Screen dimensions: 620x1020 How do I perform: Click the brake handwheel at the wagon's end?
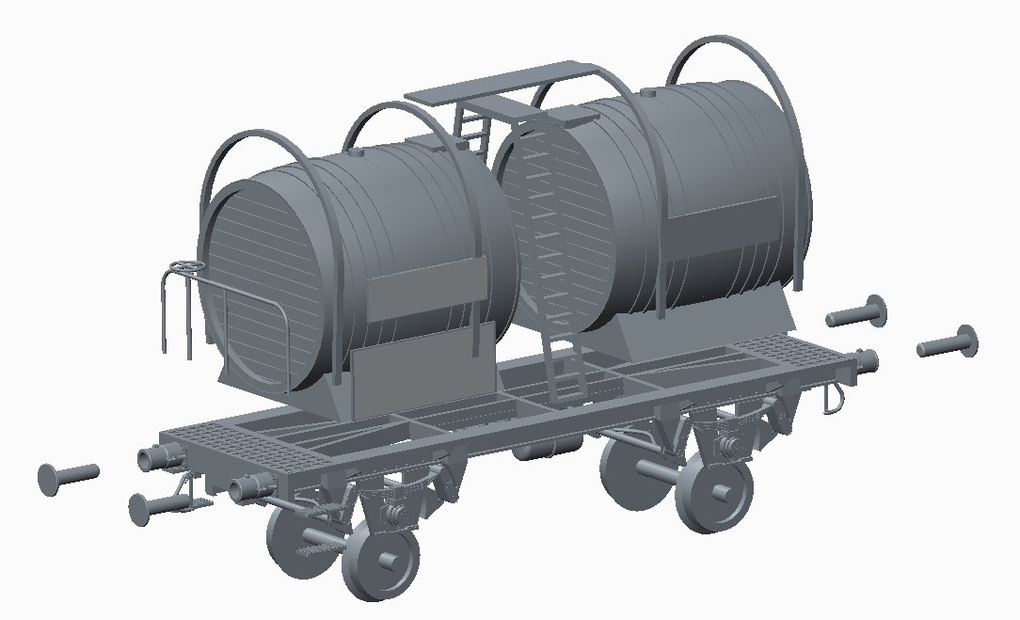click(187, 269)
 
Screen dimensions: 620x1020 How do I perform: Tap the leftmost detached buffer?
click(67, 474)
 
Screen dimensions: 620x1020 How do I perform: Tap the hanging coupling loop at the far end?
click(834, 399)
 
